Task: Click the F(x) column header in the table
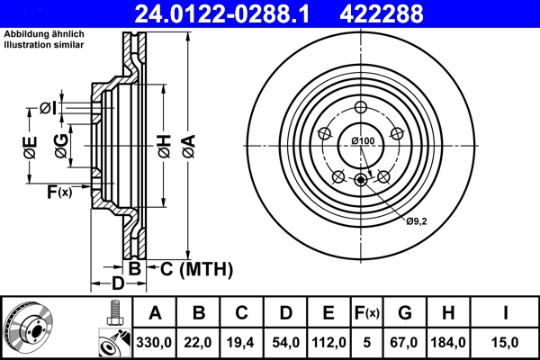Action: (x=367, y=313)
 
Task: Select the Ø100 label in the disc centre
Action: (x=363, y=140)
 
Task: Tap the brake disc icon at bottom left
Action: (x=30, y=328)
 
